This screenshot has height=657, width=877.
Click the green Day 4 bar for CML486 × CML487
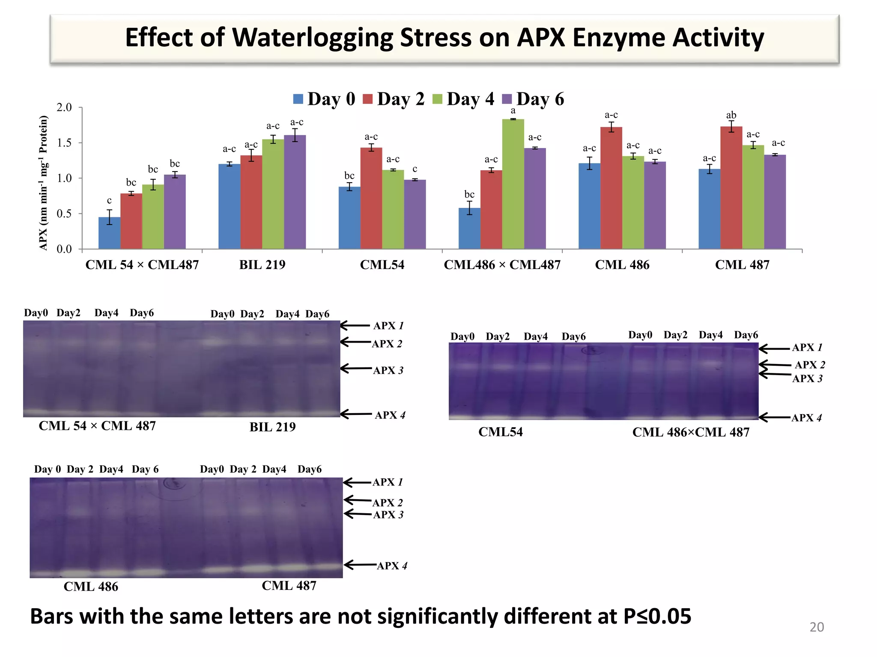(513, 184)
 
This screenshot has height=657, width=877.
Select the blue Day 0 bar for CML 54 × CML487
(109, 233)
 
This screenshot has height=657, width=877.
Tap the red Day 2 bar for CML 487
(731, 188)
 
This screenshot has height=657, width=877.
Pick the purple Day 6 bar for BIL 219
(295, 192)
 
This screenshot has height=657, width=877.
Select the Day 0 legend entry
(324, 99)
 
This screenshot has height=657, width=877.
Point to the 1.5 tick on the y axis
(64, 143)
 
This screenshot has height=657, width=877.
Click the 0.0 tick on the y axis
(64, 249)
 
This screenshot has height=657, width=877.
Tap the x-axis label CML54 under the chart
(382, 265)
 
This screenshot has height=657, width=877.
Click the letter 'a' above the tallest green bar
(513, 111)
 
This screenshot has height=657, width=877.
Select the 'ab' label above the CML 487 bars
(731, 115)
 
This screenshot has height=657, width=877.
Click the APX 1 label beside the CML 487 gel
(388, 482)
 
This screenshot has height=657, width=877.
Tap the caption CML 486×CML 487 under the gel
(691, 432)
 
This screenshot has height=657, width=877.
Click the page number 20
(816, 627)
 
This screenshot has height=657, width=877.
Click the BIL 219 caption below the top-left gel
(272, 427)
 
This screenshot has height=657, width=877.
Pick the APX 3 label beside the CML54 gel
(807, 379)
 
